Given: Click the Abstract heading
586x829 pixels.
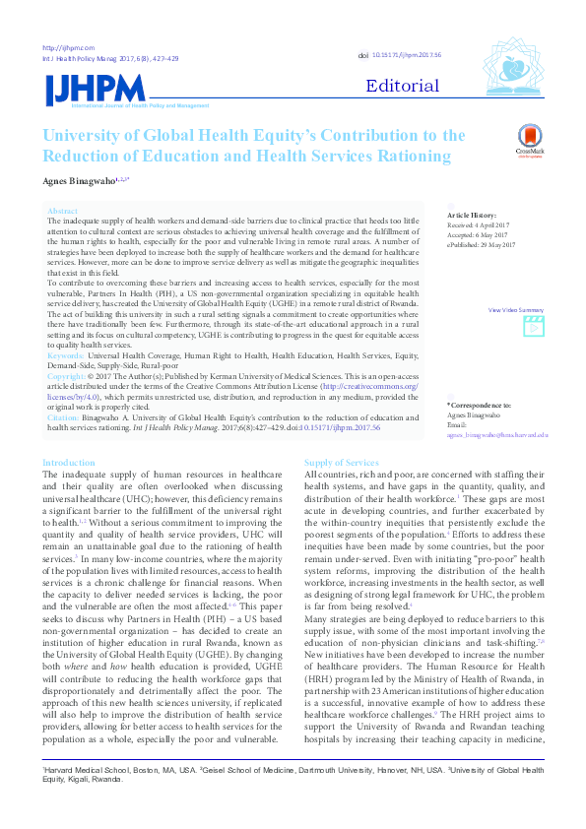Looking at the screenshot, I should tap(62, 212).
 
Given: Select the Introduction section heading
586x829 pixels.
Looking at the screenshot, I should tap(69, 463).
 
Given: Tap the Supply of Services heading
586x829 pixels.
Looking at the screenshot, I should tap(341, 463).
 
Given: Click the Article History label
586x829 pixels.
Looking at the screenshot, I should tap(473, 215).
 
